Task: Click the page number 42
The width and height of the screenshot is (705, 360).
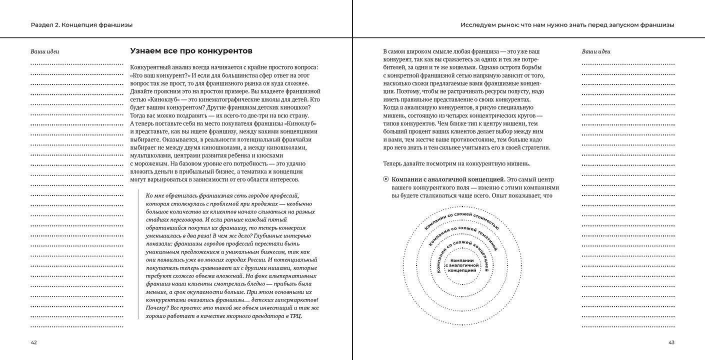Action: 33,342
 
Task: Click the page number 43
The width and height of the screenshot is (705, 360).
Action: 671,342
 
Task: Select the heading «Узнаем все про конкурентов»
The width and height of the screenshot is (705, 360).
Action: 191,51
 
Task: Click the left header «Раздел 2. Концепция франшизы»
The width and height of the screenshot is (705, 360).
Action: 81,24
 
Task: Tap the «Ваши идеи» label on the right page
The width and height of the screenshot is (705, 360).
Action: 596,51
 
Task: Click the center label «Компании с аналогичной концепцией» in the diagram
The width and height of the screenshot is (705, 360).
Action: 462,265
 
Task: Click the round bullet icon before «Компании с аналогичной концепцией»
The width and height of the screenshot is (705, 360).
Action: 385,179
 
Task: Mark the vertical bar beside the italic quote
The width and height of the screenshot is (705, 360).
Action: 138,255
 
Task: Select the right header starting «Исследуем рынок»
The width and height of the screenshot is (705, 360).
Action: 567,24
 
